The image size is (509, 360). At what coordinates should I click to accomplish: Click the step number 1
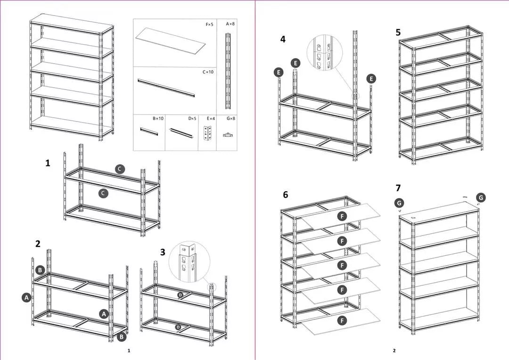[48, 163]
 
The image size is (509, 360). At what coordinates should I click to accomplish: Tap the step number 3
[163, 252]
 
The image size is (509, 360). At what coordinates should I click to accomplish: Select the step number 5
[398, 33]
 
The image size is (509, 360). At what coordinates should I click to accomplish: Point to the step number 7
[398, 195]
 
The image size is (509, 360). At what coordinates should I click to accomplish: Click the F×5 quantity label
[209, 24]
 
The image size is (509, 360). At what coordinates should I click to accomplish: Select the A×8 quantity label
[230, 24]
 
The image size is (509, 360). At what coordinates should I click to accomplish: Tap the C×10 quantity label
[208, 72]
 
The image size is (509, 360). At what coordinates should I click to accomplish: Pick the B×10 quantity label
[158, 119]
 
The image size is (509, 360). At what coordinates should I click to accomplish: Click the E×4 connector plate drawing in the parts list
[207, 134]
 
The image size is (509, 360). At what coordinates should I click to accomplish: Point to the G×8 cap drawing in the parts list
[229, 135]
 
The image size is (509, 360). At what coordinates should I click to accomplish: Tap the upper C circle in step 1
[120, 169]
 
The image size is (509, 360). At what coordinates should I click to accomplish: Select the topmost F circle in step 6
[343, 216]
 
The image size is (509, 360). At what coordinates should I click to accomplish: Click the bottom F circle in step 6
[343, 320]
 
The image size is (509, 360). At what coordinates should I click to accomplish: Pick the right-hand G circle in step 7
[480, 197]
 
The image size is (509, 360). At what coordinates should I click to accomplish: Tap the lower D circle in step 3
[178, 327]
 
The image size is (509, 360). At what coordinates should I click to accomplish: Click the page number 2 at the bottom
[394, 351]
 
